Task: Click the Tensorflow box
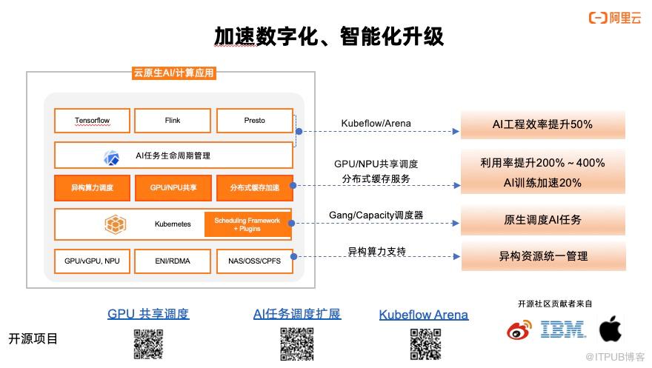click(92, 121)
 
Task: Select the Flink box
click(173, 121)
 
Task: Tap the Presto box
click(254, 121)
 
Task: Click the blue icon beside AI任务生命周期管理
click(111, 158)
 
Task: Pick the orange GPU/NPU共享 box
click(173, 188)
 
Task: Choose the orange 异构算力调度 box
click(92, 188)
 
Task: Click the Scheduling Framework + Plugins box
click(247, 224)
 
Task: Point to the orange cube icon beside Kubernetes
click(115, 224)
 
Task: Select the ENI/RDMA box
click(173, 261)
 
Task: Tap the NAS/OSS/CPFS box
click(254, 261)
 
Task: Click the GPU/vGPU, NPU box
click(92, 261)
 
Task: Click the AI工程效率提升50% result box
click(542, 124)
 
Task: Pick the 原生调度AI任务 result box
click(542, 220)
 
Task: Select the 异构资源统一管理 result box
click(543, 256)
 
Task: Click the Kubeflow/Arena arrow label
click(376, 124)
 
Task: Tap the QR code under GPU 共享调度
click(148, 344)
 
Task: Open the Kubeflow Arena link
click(424, 315)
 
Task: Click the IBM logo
click(563, 329)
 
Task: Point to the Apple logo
click(611, 328)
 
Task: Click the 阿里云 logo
click(615, 18)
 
